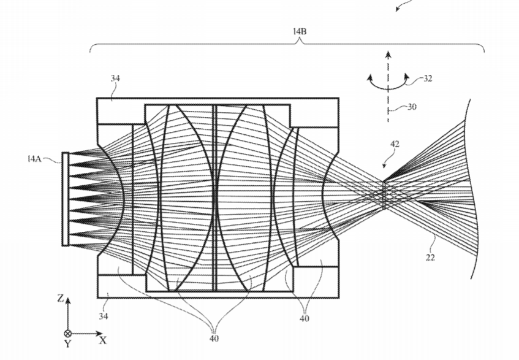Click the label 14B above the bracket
pos(300,31)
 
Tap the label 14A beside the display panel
pos(35,159)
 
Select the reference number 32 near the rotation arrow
pos(428,79)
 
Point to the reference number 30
pos(411,107)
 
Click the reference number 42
pos(395,144)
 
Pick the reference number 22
pos(430,258)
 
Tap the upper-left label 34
pos(115,79)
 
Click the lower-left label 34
pos(104,316)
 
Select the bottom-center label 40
pos(214,339)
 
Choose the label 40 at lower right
pos(305,318)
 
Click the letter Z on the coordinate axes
pos(60,299)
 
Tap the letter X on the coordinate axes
pos(103,340)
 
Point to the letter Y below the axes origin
pos(67,344)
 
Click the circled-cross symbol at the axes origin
pos(68,334)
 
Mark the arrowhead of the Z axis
pos(68,300)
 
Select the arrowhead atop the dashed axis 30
pos(388,55)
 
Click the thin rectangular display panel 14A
pos(66,199)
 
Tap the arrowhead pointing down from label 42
pos(385,166)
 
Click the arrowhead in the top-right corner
pos(398,9)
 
